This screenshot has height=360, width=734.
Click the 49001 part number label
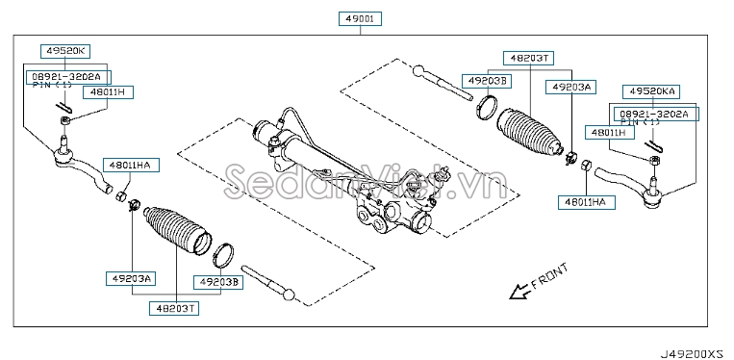point(361,18)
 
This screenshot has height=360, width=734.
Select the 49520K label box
point(64,50)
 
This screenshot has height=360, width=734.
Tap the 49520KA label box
point(654,90)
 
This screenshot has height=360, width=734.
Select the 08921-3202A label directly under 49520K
point(68,75)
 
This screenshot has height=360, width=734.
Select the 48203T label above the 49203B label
point(526,58)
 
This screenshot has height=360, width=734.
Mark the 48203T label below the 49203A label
point(172,308)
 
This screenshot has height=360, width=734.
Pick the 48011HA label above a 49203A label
point(133,166)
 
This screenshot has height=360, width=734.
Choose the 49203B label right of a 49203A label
point(219,282)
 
